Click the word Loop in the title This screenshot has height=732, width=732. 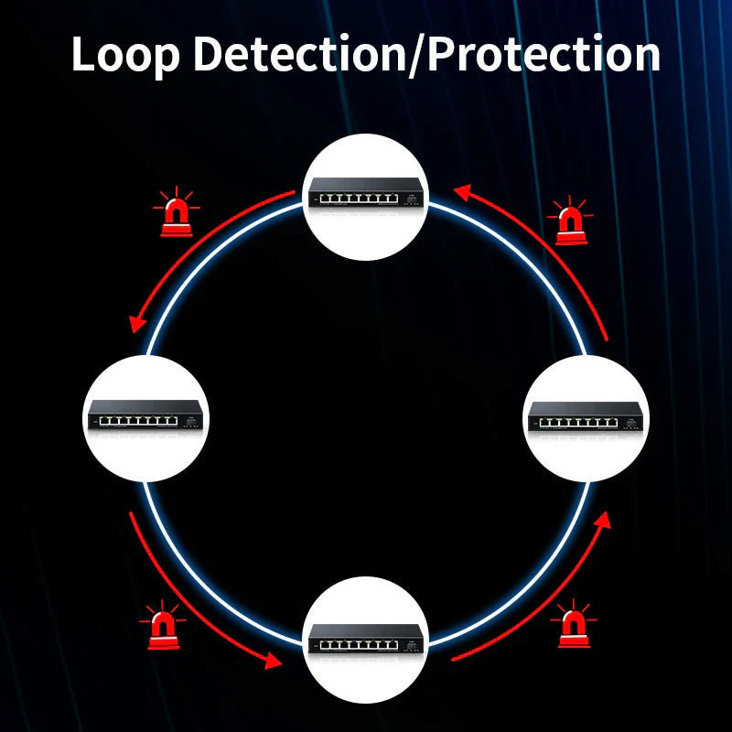coord(125,55)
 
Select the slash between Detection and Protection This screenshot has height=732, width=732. coord(416,55)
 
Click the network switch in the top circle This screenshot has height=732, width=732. coord(365,192)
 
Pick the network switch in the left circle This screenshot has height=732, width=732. coord(145,415)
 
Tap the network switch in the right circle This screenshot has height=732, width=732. coord(586,416)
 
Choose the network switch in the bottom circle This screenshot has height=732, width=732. coord(365,639)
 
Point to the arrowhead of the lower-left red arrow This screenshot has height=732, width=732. coord(273,661)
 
